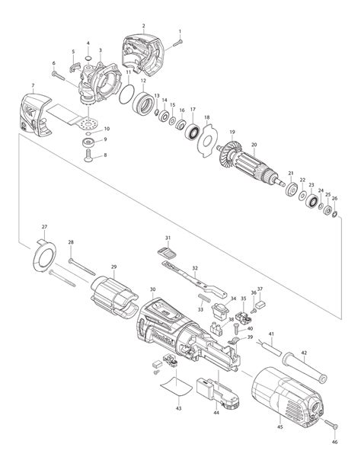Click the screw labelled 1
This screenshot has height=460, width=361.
(177, 43)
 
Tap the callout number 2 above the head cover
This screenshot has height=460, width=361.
(143, 26)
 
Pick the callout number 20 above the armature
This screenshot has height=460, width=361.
(254, 145)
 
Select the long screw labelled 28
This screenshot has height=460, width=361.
(82, 267)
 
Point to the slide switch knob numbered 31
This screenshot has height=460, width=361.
(167, 253)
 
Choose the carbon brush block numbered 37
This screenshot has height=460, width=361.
(260, 305)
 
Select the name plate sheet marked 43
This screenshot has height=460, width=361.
(176, 386)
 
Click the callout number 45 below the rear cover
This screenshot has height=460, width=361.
(280, 426)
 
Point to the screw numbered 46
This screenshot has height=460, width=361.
(331, 423)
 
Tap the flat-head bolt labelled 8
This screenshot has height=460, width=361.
(88, 155)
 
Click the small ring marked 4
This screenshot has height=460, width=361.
(88, 57)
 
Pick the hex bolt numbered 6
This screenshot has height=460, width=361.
(59, 75)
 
